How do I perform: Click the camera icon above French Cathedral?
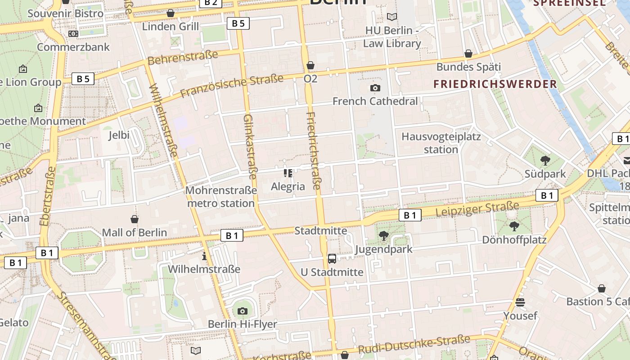375,88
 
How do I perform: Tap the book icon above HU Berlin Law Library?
392,17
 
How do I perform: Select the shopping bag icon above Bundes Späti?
468,54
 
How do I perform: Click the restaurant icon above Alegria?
288,173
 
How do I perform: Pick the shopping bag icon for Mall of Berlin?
134,219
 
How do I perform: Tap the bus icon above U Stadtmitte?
332,258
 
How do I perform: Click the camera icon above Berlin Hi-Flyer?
243,310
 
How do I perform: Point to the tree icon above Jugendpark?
383,235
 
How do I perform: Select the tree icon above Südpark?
545,160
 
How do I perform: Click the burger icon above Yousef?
520,302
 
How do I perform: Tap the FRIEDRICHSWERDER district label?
495,84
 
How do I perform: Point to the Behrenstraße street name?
182,58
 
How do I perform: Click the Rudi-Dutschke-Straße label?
414,344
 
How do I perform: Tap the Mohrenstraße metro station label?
221,197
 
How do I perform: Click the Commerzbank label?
73,47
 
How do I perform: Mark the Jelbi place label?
119,135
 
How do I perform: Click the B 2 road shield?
210,3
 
